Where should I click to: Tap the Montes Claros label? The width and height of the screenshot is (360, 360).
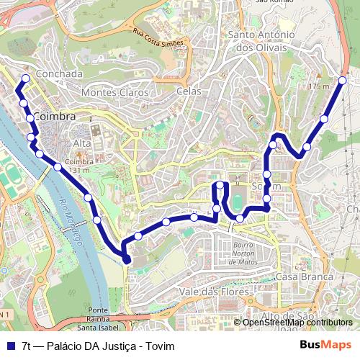(x=115, y=92)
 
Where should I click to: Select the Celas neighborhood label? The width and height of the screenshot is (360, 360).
(x=189, y=91)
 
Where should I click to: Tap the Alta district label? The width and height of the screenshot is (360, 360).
(x=81, y=143)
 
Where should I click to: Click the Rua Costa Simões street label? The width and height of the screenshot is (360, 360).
(x=158, y=38)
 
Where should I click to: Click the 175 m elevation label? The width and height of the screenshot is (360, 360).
(x=318, y=86)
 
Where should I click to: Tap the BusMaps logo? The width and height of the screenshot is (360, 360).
(x=325, y=346)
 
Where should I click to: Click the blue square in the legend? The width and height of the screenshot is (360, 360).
(x=10, y=346)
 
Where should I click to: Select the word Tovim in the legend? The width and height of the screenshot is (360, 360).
(x=160, y=346)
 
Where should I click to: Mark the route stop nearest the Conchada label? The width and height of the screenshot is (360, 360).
(x=25, y=78)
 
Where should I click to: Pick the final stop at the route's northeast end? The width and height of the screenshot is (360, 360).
(x=343, y=80)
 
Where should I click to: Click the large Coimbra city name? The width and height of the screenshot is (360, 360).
(x=54, y=117)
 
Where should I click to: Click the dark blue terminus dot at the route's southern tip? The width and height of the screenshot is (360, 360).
(x=127, y=259)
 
